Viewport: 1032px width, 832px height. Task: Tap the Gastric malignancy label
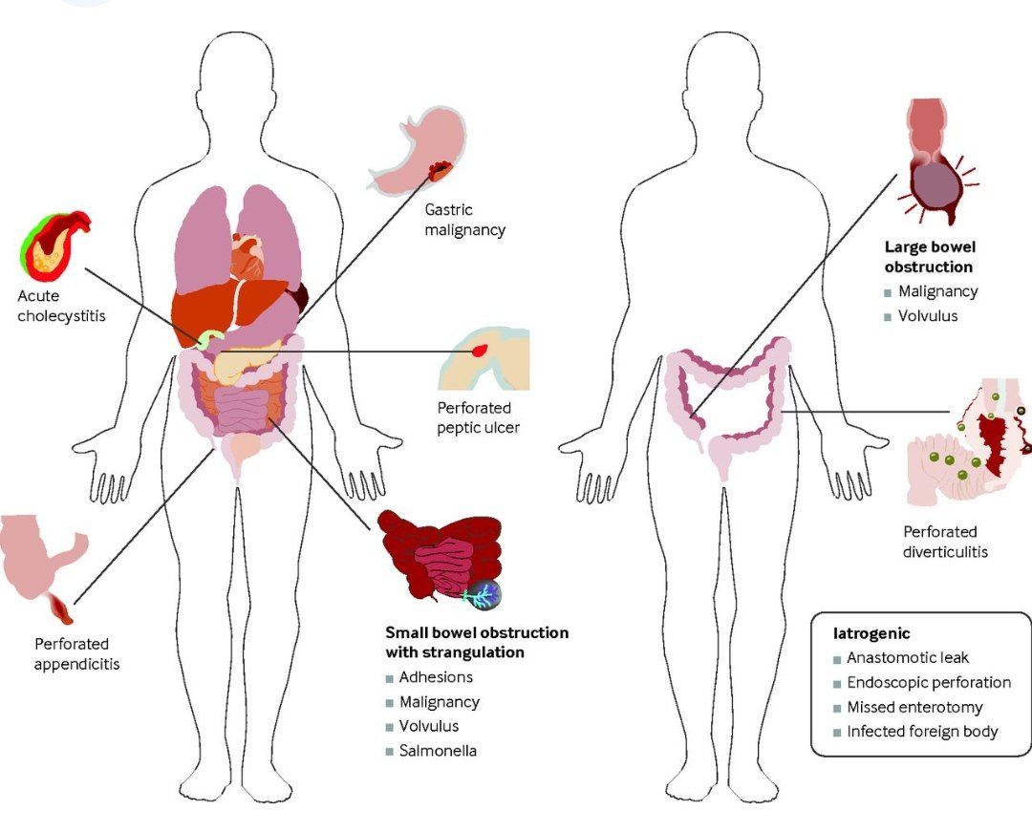[466, 220]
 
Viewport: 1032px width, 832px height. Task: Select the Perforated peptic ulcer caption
[478, 417]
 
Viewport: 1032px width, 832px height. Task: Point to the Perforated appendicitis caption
[76, 653]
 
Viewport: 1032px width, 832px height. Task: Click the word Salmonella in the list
[438, 751]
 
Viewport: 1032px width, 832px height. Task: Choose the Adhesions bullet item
[436, 677]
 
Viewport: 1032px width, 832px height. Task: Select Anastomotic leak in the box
[908, 658]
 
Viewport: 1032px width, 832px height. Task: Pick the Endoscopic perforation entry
[928, 683]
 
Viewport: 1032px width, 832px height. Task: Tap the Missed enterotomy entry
[914, 708]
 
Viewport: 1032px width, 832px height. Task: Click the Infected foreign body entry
[922, 732]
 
